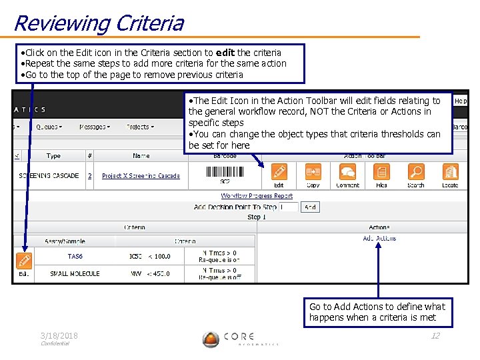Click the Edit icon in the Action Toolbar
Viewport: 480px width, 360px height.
[x=279, y=173]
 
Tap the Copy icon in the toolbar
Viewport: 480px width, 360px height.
[x=313, y=173]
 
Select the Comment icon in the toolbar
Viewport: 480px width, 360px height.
[x=347, y=173]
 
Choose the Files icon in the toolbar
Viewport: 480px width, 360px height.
[x=381, y=173]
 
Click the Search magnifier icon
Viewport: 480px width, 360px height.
[x=415, y=173]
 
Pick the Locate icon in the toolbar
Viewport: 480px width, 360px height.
[x=450, y=173]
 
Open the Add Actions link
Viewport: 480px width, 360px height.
[x=379, y=238]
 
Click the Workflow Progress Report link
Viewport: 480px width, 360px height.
[x=257, y=196]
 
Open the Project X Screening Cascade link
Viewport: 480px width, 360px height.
[x=141, y=176]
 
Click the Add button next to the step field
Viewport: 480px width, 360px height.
[x=310, y=207]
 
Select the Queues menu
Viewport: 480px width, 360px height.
[x=49, y=127]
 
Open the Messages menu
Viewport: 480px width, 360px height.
[x=95, y=127]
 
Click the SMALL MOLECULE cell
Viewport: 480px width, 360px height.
[x=75, y=273]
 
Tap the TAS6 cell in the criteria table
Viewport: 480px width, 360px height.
[x=75, y=256]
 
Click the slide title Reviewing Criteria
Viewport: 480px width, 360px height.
[x=98, y=23]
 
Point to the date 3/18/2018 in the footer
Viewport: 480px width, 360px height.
[x=59, y=336]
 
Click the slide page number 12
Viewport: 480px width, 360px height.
[x=435, y=336]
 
